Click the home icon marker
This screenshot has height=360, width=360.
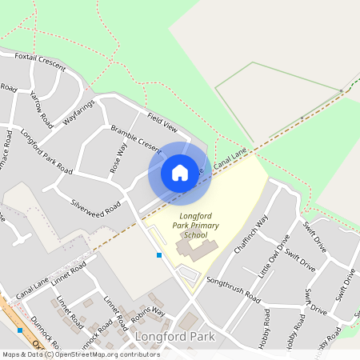(x=180, y=173)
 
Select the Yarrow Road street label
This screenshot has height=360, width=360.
(x=41, y=110)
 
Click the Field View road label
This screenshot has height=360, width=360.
(x=162, y=122)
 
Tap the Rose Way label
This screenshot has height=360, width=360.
(x=118, y=158)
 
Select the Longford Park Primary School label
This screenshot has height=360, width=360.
(x=183, y=226)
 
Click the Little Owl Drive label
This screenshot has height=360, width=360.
(x=273, y=257)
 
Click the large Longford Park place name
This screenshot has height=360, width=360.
(x=175, y=337)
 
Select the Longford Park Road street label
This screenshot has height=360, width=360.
(x=46, y=151)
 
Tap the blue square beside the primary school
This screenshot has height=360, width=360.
(x=159, y=255)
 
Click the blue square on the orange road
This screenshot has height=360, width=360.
(x=19, y=330)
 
